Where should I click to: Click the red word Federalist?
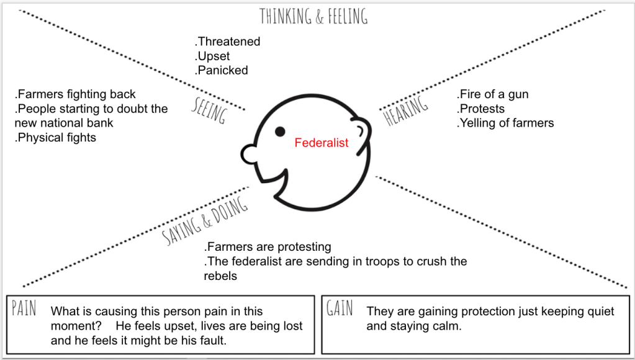point(322,143)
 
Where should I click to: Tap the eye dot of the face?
point(281,131)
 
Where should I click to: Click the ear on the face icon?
point(366,131)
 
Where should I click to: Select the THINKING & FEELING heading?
point(313,16)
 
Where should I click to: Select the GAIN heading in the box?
point(340,308)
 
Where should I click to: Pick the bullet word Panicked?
point(222,70)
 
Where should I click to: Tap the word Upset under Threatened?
point(214,56)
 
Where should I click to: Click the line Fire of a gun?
point(493,94)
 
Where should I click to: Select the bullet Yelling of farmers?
point(505,123)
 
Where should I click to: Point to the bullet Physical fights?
point(55,137)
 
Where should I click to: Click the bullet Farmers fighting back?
point(75,94)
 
